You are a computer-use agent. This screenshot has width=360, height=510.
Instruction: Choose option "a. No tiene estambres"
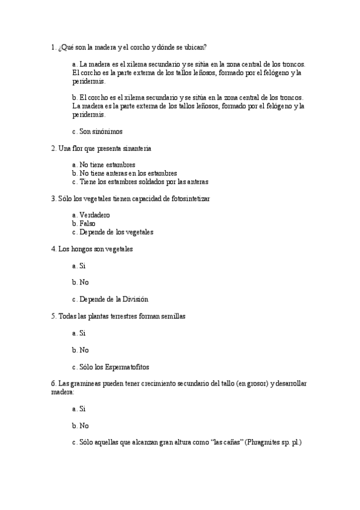tap(103, 164)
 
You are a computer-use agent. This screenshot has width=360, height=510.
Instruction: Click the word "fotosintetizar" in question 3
tap(190, 198)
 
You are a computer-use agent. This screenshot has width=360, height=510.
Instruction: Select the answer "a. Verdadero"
tap(91, 215)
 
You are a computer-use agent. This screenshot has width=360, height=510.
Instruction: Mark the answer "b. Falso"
tap(84, 223)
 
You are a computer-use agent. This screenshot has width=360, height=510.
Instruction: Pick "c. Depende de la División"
tap(109, 299)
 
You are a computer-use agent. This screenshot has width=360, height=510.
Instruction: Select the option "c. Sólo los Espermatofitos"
tap(110, 366)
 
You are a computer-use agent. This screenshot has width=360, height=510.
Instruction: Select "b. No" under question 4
tap(80, 282)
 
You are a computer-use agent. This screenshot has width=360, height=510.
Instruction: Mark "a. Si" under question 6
tap(79, 408)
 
